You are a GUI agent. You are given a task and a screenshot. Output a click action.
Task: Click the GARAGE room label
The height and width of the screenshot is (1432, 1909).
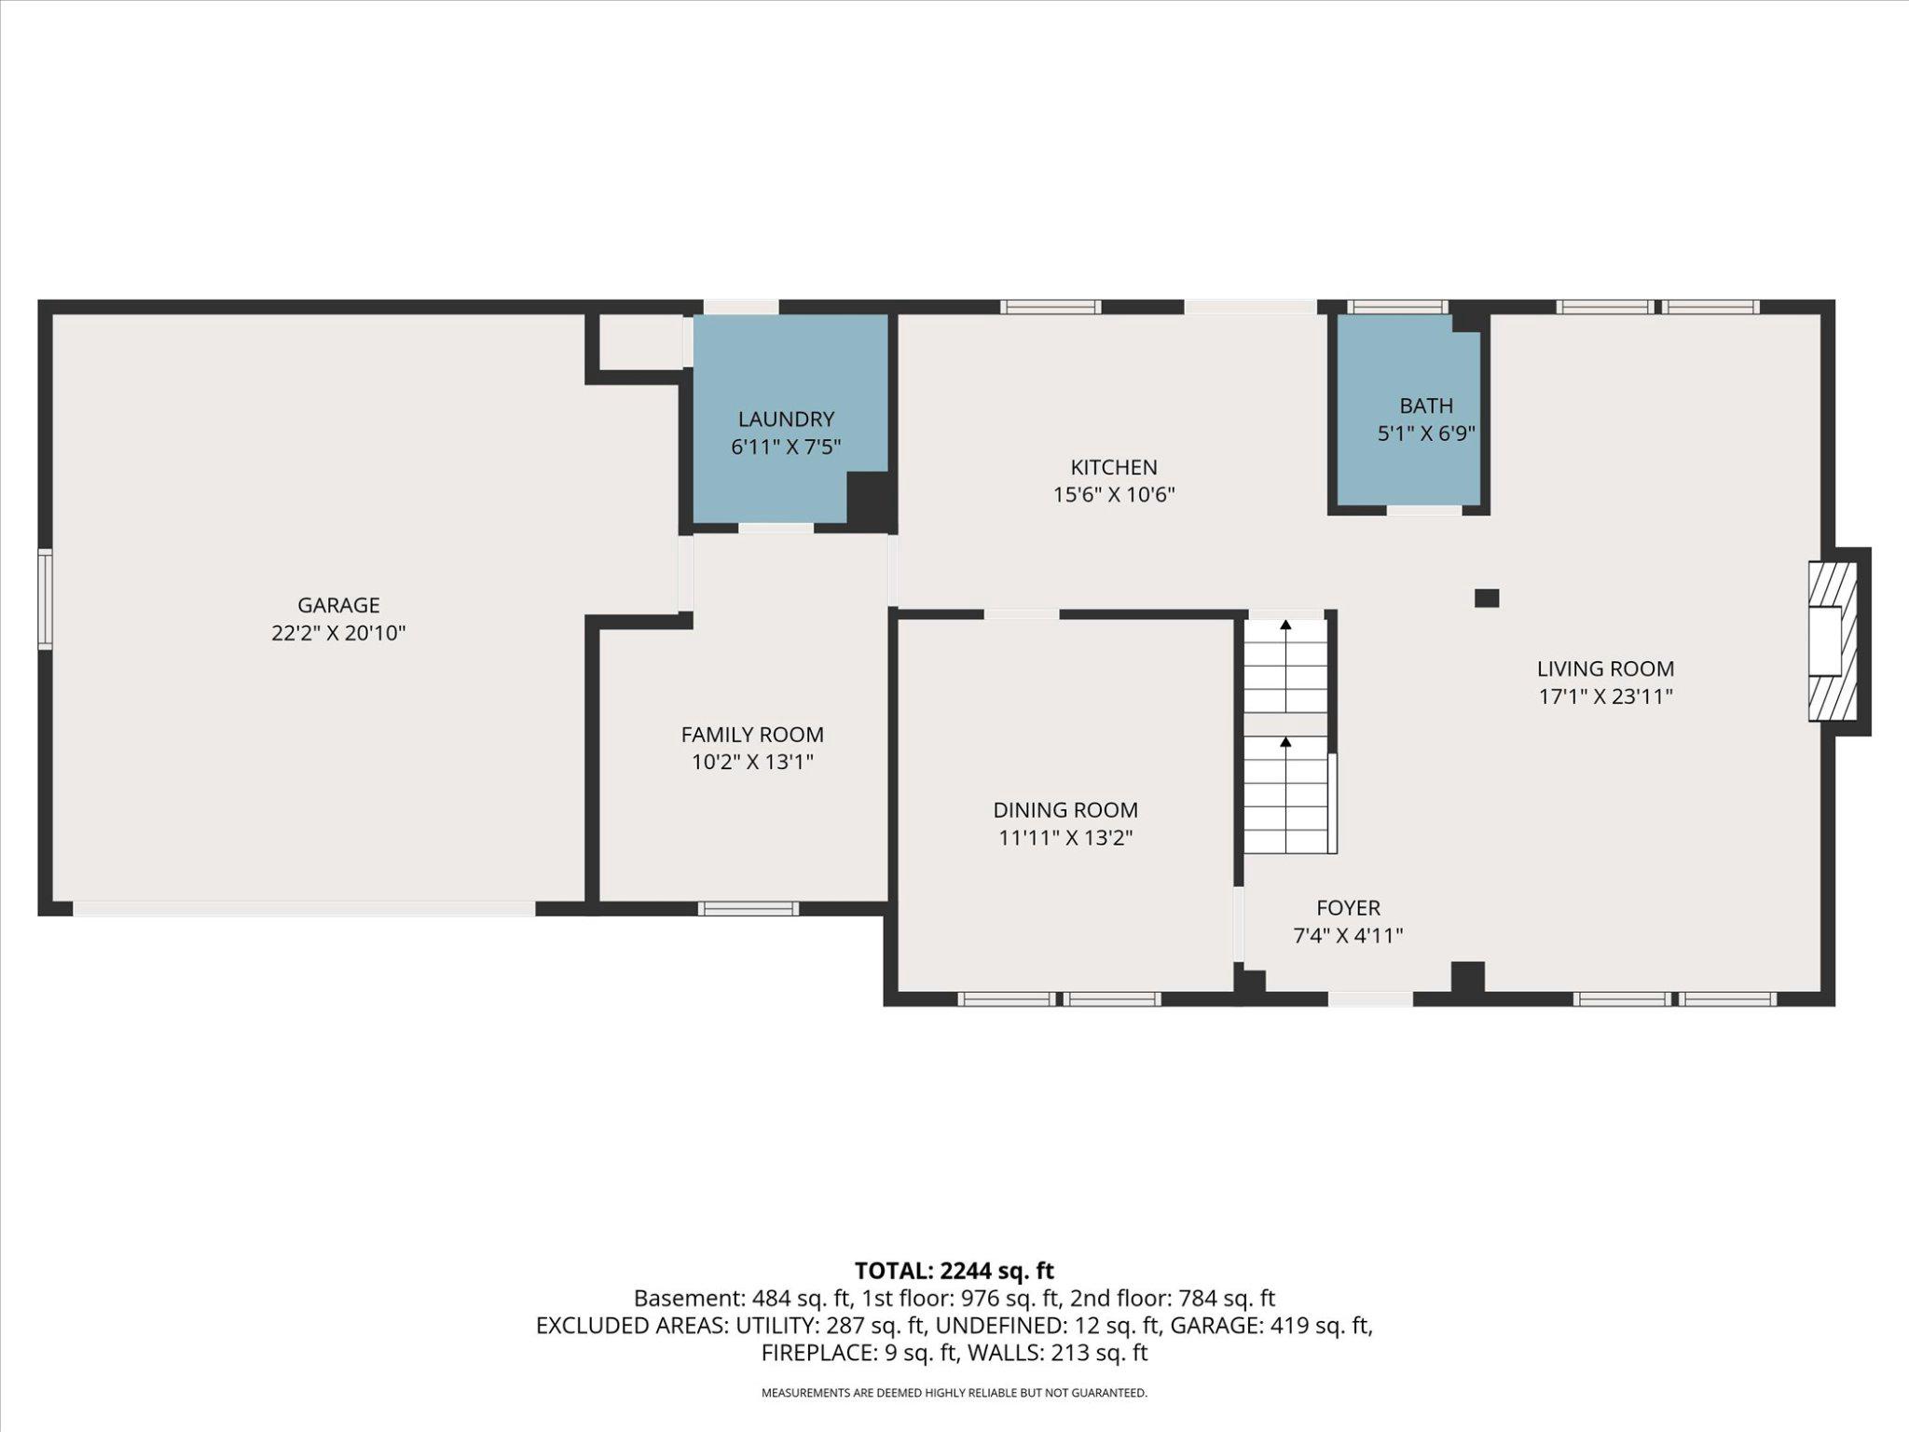click(338, 605)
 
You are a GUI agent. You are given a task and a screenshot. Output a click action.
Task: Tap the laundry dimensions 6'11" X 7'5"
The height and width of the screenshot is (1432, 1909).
click(786, 447)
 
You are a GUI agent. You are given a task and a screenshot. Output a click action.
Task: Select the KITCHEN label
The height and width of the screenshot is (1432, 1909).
click(1113, 467)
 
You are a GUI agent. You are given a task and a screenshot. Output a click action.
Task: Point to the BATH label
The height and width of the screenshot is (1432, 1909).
click(1425, 406)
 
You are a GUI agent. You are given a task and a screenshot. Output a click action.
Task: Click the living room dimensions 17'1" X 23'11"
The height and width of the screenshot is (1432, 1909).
click(1605, 696)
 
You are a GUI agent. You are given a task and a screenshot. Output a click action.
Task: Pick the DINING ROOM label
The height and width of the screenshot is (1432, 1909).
click(1064, 810)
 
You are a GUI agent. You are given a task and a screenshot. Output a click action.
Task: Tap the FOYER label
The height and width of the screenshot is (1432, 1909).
click(1348, 907)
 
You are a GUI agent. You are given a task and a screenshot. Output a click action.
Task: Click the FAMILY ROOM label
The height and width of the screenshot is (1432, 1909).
click(751, 735)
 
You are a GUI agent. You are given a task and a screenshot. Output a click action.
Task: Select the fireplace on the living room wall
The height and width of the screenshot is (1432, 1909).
click(1832, 640)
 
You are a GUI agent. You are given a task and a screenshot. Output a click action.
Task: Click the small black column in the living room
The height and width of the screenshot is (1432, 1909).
click(1486, 598)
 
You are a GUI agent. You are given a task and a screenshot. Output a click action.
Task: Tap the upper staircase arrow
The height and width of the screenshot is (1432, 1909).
click(1285, 626)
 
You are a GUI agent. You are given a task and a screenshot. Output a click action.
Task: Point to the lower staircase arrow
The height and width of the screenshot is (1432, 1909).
click(1285, 742)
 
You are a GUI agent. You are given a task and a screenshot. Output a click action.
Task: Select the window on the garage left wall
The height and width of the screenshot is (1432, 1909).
click(44, 599)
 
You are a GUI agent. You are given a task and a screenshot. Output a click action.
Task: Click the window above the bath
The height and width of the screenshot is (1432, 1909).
click(1397, 307)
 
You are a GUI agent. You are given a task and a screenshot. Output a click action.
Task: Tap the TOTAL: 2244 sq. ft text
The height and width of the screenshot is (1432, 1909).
click(954, 1270)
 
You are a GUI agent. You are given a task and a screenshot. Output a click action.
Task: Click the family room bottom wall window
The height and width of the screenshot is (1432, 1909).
click(748, 908)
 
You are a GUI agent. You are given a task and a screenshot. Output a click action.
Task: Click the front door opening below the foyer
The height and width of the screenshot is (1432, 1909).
click(1369, 999)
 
